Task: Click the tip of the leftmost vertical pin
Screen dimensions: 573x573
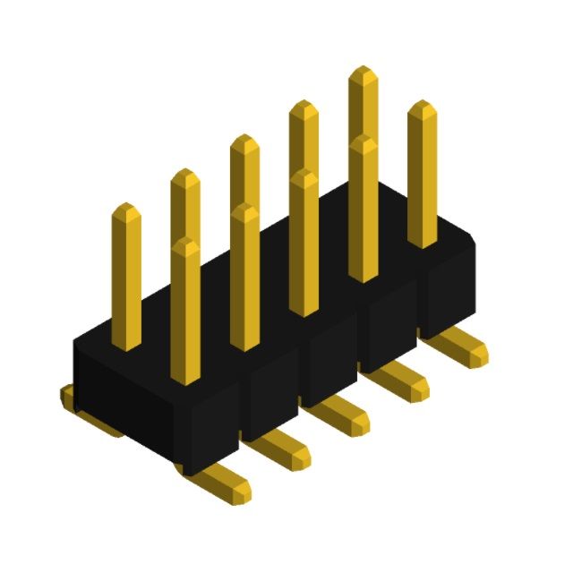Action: (x=126, y=211)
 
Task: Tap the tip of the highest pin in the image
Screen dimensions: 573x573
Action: (x=363, y=73)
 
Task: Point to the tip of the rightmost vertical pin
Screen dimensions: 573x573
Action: (x=422, y=108)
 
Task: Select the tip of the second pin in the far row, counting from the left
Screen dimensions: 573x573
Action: (x=185, y=176)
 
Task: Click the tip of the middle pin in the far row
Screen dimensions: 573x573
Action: (x=244, y=142)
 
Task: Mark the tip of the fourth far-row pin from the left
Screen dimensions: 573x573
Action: (x=304, y=107)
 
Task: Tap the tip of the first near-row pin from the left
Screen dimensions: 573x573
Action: (x=185, y=245)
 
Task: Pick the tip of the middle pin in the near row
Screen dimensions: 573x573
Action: (x=304, y=177)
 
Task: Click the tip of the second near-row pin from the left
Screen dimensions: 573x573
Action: (x=244, y=211)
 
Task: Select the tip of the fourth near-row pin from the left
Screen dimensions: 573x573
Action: (x=363, y=143)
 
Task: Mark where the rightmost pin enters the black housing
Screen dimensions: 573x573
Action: (x=423, y=244)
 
